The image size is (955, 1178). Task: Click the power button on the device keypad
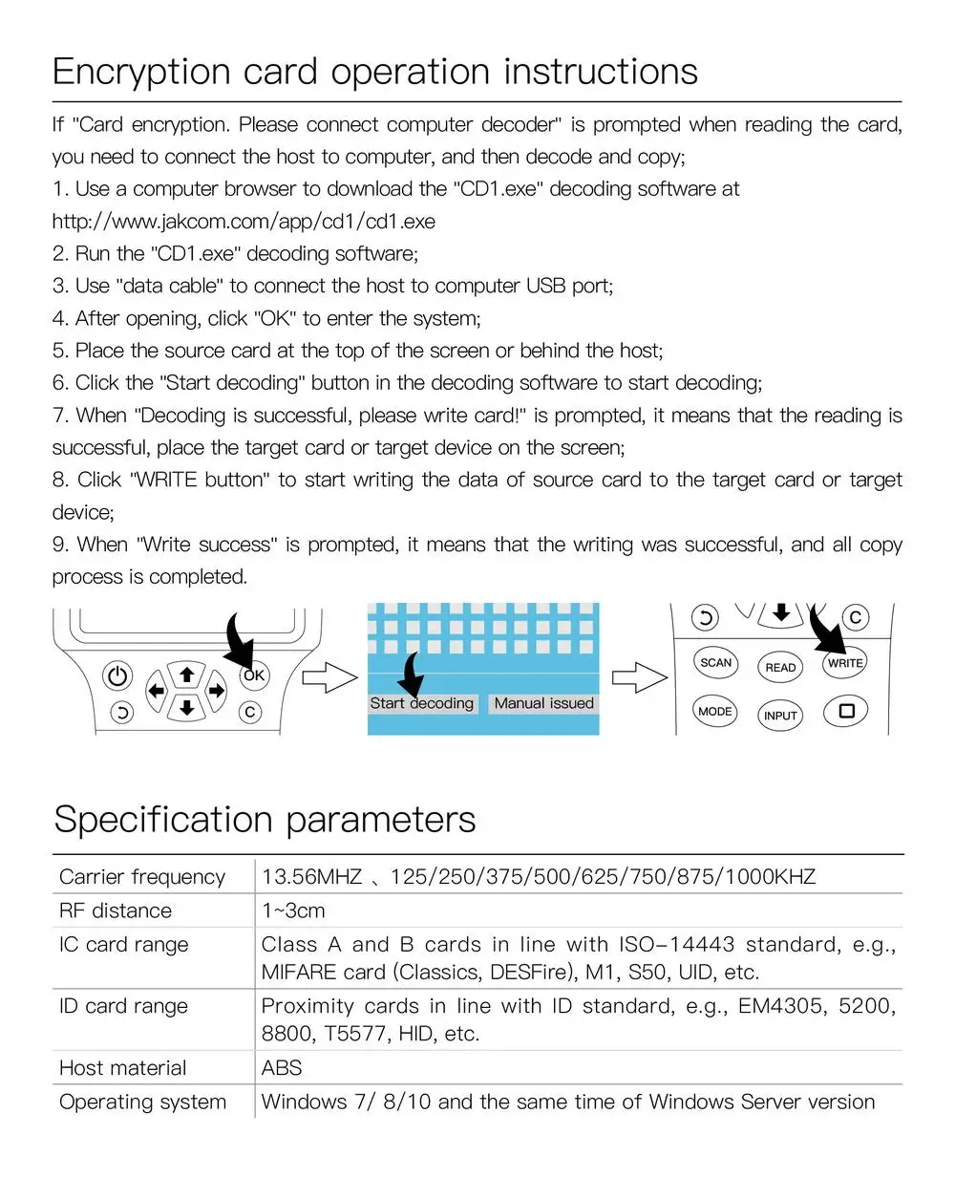[117, 676]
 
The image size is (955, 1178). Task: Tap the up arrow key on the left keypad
[187, 675]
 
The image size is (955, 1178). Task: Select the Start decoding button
[421, 703]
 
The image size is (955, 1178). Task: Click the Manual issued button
[543, 703]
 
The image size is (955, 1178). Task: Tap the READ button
[780, 668]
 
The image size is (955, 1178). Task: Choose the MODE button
[714, 711]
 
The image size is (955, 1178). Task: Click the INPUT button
[780, 716]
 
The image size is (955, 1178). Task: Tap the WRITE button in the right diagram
[845, 663]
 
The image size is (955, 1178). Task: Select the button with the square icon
[846, 711]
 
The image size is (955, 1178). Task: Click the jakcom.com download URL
[244, 222]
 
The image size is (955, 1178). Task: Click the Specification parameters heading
[265, 820]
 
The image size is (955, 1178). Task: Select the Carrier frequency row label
[142, 877]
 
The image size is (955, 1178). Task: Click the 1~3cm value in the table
[293, 910]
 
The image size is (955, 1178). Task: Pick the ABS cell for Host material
[282, 1068]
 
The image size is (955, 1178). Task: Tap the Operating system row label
[142, 1102]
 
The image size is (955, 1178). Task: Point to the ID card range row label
[123, 1006]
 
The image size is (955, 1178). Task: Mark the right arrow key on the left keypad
[218, 690]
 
